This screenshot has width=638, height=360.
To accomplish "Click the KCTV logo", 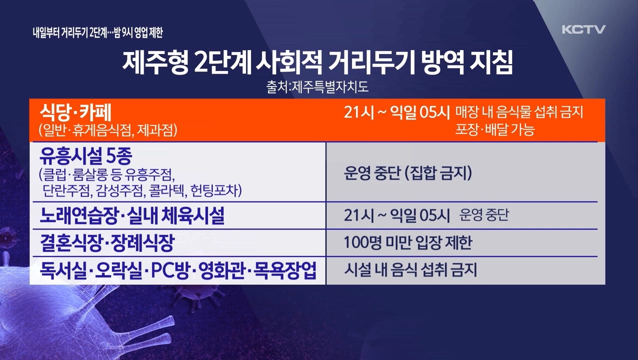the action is (583, 29).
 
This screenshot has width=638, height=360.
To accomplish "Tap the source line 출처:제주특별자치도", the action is (317, 87).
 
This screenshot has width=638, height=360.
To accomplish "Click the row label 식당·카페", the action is (75, 112).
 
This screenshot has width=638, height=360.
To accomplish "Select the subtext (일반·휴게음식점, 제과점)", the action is (108, 130).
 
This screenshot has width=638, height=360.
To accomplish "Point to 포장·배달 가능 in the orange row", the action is (494, 129).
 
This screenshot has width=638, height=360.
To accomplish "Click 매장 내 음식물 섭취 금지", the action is (519, 112).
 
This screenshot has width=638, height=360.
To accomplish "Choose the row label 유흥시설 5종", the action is (85, 156).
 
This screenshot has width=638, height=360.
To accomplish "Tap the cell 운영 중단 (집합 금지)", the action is (408, 172).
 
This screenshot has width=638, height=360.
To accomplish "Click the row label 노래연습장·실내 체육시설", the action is (132, 215).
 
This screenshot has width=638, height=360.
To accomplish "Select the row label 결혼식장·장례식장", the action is (107, 243).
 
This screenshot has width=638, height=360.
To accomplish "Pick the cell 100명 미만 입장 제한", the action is (408, 242).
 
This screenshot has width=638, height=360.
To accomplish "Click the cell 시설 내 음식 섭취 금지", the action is (410, 270).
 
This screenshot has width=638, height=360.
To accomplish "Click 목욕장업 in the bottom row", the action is (285, 270).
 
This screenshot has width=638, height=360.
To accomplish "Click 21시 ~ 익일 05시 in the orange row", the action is (397, 112).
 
